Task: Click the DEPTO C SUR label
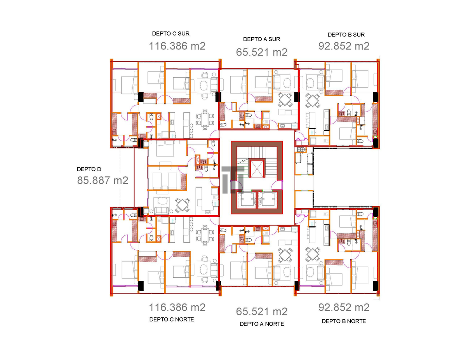pos(171,34)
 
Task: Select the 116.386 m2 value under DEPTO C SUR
pos(177,46)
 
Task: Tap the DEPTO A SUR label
pos(262,39)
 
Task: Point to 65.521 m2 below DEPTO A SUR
pos(262,52)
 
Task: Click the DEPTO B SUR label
pos(346,35)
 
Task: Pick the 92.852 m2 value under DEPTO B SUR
pos(344,46)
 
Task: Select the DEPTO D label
pos(89,169)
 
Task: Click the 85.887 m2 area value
pos(103,181)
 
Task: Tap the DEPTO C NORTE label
pos(172,320)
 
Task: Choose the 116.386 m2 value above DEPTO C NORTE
pos(177,308)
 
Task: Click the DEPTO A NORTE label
pos(262,324)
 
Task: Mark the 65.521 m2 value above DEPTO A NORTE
pos(262,312)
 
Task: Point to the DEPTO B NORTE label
pos(344,321)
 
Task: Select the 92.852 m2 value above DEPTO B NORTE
pos(344,308)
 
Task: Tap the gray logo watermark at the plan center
pos(233,180)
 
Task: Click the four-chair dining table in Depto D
pos(183,205)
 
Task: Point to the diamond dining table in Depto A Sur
pos(285,100)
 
